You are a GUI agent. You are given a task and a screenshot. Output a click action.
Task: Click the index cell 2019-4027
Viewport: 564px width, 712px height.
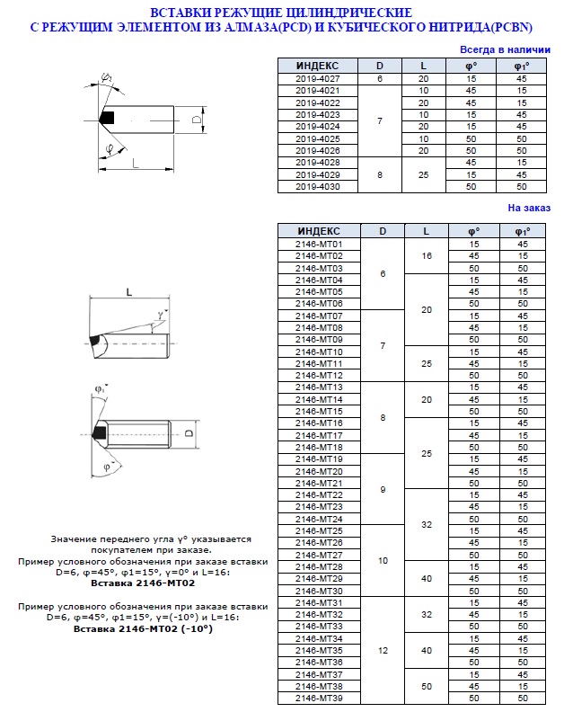(x=317, y=79)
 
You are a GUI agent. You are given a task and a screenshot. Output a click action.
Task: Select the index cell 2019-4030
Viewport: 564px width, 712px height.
(x=317, y=186)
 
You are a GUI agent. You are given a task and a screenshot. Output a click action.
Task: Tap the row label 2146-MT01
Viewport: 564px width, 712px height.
(x=319, y=245)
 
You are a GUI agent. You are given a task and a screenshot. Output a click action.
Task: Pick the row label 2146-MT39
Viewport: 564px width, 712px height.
(x=319, y=698)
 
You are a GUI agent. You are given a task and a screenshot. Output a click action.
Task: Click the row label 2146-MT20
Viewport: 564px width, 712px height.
(x=319, y=471)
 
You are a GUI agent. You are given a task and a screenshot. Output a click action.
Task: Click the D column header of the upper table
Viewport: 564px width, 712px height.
(x=379, y=66)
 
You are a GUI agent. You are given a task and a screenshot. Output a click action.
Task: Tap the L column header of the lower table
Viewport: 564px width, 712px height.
(x=426, y=231)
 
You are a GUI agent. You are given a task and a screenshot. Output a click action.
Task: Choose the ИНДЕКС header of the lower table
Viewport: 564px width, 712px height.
(x=319, y=231)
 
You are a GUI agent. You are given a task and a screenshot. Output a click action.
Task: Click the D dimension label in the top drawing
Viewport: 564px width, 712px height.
(x=195, y=120)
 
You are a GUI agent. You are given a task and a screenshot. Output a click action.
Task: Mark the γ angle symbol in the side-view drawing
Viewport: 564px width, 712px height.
(x=160, y=315)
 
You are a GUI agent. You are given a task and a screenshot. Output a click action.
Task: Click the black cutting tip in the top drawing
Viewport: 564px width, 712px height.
(x=107, y=118)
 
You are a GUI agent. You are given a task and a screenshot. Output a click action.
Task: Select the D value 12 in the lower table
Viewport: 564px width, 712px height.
(x=383, y=650)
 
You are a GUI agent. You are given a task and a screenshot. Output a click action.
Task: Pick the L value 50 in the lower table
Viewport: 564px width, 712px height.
(x=426, y=685)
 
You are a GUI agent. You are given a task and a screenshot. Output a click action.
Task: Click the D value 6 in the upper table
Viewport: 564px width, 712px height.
(x=379, y=79)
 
